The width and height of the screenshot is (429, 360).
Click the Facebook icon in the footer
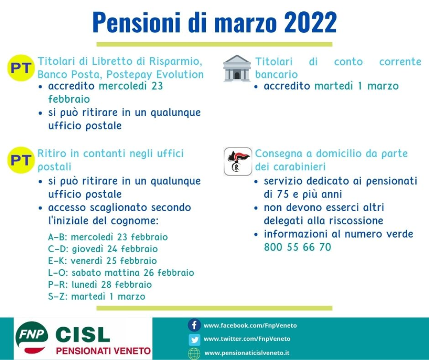point(194,325)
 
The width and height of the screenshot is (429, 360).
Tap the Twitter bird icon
point(194,339)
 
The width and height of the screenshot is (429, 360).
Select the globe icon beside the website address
point(194,353)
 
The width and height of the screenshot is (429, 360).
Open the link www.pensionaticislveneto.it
point(247,353)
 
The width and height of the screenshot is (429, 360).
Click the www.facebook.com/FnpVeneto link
point(250,325)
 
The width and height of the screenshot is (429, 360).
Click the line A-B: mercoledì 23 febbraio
point(108,237)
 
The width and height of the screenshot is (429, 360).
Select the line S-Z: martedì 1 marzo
point(96,296)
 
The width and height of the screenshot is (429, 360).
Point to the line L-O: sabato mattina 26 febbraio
point(121,273)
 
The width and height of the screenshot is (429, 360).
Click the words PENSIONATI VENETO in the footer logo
point(103,351)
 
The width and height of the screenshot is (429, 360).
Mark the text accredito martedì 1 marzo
point(331,86)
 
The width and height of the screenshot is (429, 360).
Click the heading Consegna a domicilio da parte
point(331,154)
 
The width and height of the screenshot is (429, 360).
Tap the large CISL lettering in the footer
point(82,335)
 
